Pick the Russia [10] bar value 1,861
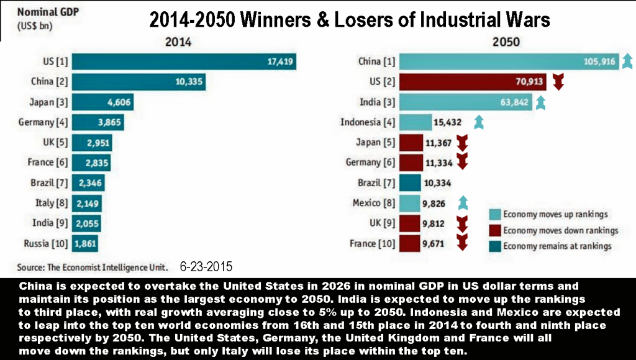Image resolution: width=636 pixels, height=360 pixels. [85, 243]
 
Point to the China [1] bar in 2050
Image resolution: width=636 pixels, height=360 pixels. [509, 61]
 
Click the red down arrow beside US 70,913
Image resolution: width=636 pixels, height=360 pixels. [558, 81]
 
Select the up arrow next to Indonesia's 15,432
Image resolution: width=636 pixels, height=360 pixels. [478, 122]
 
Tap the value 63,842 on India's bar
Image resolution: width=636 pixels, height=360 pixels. [511, 102]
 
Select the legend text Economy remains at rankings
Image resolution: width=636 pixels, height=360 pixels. [557, 246]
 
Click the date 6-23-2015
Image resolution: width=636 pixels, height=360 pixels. [206, 268]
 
